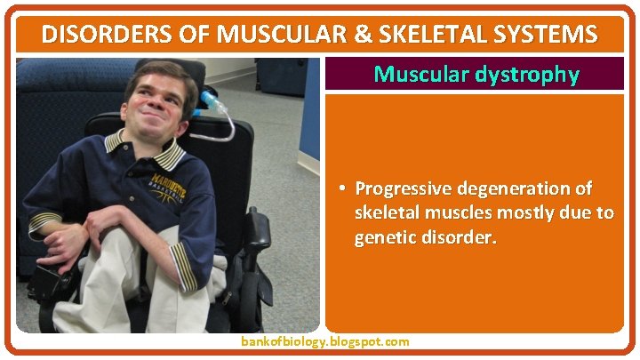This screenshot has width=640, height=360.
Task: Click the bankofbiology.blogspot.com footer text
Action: (325, 341)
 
